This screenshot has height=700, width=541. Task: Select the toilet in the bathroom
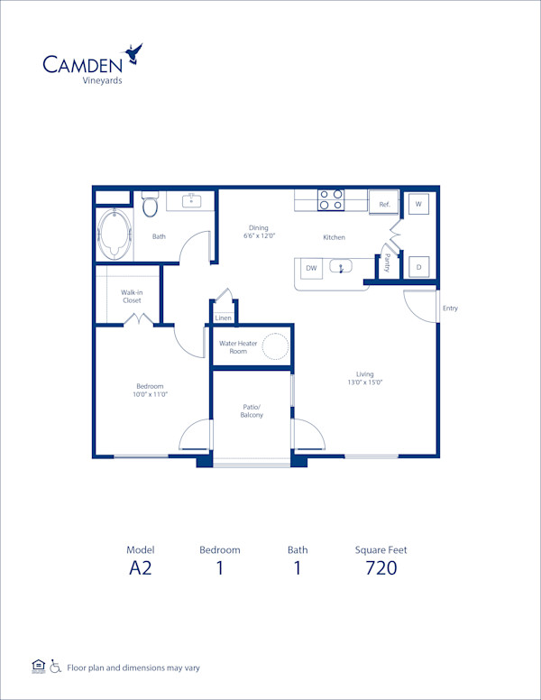point(151,205)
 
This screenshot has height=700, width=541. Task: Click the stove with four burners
point(330,199)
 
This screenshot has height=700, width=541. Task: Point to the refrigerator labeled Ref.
point(384,205)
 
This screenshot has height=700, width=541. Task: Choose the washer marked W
point(418,205)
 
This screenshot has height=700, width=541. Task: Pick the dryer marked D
point(418,266)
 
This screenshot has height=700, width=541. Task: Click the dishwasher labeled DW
point(311,268)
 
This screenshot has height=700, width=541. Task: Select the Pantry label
point(387,263)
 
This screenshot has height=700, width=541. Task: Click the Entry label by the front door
point(450,309)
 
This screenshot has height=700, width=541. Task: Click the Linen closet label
point(224,318)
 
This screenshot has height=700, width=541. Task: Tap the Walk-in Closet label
point(132,296)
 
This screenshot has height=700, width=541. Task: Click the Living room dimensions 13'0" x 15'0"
point(364,382)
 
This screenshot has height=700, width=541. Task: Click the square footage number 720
point(381,567)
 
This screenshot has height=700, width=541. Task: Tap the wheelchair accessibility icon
point(56,667)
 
